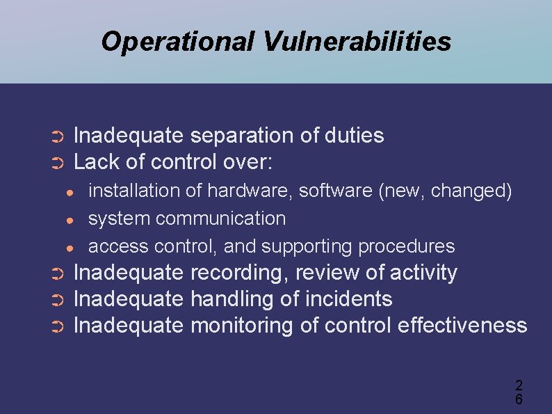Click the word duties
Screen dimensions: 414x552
click(x=354, y=135)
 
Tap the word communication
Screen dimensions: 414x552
click(x=220, y=218)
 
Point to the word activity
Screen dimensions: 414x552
click(x=423, y=273)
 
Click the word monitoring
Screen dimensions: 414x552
click(x=242, y=326)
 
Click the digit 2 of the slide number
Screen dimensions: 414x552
click(x=519, y=385)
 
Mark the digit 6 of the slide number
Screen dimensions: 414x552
click(x=519, y=399)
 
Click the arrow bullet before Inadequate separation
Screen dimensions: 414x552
click(x=58, y=136)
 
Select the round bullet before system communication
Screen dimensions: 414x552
click(x=70, y=220)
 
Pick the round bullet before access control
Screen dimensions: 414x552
click(x=70, y=248)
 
